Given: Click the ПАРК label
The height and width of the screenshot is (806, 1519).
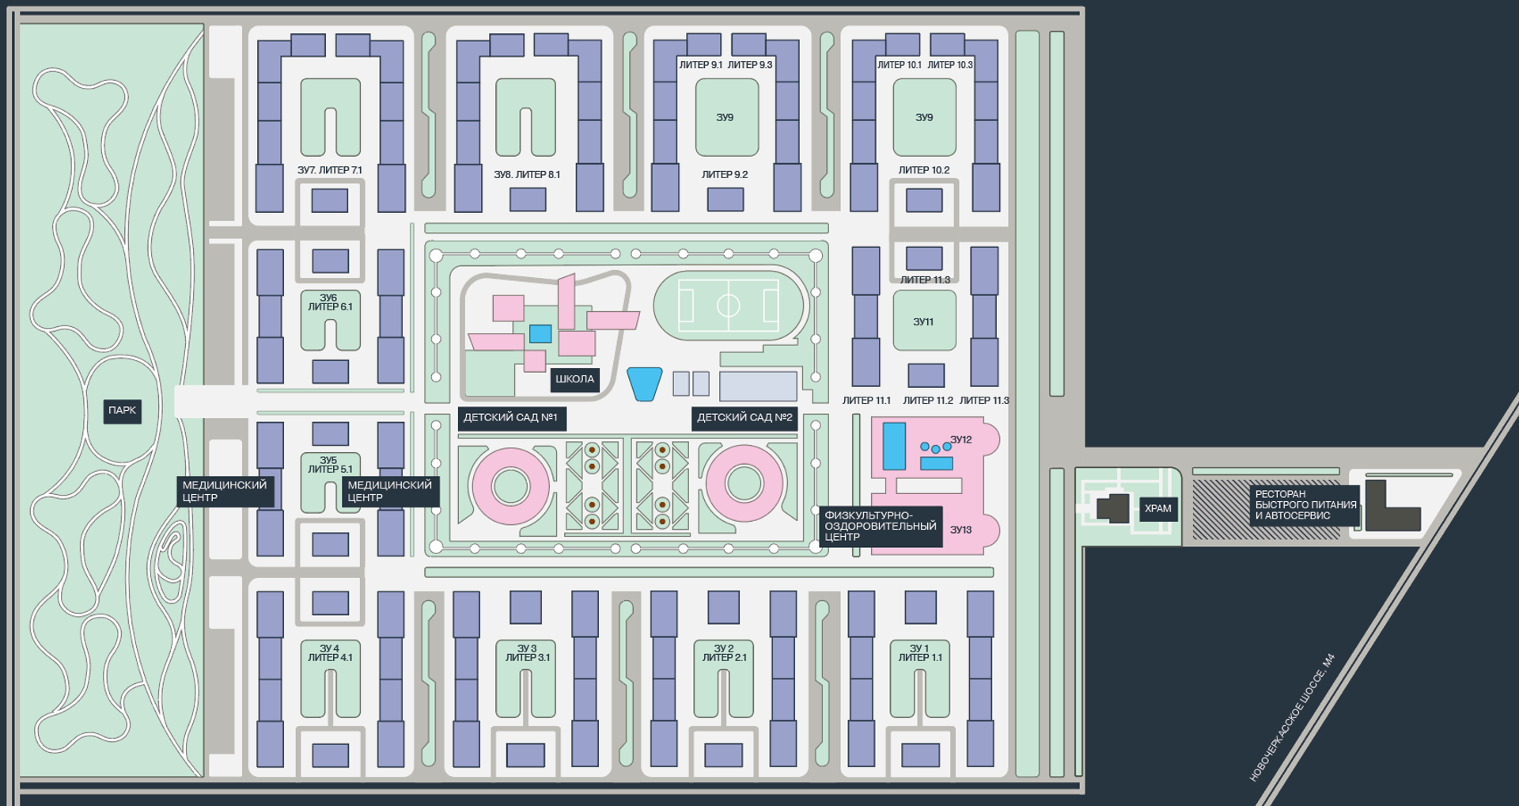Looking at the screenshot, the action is point(123,410).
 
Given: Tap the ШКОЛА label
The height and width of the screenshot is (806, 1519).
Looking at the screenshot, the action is point(574,379).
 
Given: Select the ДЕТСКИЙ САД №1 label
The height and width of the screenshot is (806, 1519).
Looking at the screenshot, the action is point(511,417).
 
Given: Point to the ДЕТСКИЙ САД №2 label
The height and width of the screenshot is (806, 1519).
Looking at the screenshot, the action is point(744,417).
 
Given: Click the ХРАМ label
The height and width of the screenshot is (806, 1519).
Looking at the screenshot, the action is point(1157,508).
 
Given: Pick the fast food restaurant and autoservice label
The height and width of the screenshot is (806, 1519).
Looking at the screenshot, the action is point(1305,504).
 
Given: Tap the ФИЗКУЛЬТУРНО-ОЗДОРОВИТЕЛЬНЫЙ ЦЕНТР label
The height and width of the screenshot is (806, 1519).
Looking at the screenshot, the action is point(880,526).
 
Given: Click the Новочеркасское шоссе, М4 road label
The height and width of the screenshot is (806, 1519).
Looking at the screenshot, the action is point(1291,717).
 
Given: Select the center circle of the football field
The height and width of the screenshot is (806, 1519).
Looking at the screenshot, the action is point(728,306).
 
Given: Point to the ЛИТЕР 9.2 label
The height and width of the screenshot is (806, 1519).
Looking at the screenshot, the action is point(725,174).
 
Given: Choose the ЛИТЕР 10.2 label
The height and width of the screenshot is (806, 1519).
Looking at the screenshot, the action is point(923,170).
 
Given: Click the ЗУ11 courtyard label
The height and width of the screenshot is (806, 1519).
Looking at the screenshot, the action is point(923,322).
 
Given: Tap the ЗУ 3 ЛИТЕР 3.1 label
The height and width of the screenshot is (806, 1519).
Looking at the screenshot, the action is point(527,653).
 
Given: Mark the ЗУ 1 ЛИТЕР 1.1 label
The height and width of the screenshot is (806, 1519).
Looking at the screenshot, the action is point(919,653).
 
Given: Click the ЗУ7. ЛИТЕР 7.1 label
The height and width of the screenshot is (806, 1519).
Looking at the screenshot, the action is point(330,170).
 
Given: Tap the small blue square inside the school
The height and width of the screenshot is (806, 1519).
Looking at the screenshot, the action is point(540,333).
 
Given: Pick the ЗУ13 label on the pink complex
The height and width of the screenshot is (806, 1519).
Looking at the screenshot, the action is point(960,530).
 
